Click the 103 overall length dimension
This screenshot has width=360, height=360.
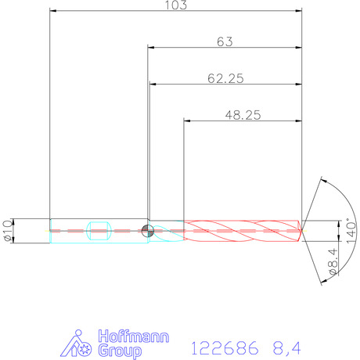(x=176, y=5)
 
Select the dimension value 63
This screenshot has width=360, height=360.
(x=225, y=41)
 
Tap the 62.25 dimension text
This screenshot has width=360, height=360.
(x=225, y=78)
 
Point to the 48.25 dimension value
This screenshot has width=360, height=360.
(x=243, y=115)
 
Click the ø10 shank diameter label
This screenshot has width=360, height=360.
(x=8, y=232)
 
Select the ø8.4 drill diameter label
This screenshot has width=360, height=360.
(x=333, y=261)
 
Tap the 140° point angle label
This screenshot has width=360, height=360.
(x=351, y=231)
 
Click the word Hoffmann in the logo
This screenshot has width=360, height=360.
(x=134, y=337)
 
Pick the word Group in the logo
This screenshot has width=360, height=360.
(x=120, y=351)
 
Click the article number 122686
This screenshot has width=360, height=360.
(x=225, y=348)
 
